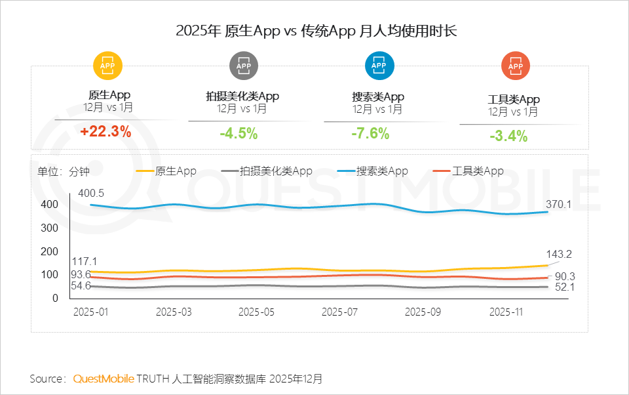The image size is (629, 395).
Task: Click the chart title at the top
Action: pos(315,31)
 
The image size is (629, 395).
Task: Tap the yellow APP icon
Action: pos(108,66)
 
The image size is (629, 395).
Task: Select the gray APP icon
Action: pos(243,66)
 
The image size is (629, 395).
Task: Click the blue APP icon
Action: pos(379,66)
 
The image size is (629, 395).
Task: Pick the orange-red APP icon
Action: pos(515,66)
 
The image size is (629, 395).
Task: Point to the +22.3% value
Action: pos(105,132)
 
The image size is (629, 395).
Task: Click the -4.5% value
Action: pos(238,134)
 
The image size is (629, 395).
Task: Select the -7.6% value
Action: pos(370,134)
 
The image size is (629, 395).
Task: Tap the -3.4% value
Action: pos(508,136)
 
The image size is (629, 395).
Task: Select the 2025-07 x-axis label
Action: pos(339,312)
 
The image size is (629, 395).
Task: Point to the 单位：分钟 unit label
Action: pos(64,171)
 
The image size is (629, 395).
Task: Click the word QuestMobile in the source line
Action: pos(104,379)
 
